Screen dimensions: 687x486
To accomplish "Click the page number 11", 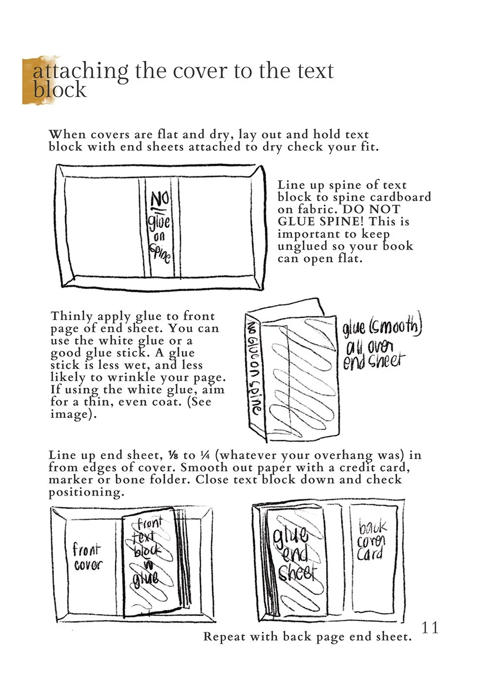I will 430,627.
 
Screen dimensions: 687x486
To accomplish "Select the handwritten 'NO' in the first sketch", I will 159,200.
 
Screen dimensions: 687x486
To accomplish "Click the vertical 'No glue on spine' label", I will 253,367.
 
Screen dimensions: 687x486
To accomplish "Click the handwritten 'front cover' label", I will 87,557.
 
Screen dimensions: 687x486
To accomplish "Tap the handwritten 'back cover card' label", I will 372,541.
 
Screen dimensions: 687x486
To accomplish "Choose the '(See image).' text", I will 131,408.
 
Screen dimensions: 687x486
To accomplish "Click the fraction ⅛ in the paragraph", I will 173,456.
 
